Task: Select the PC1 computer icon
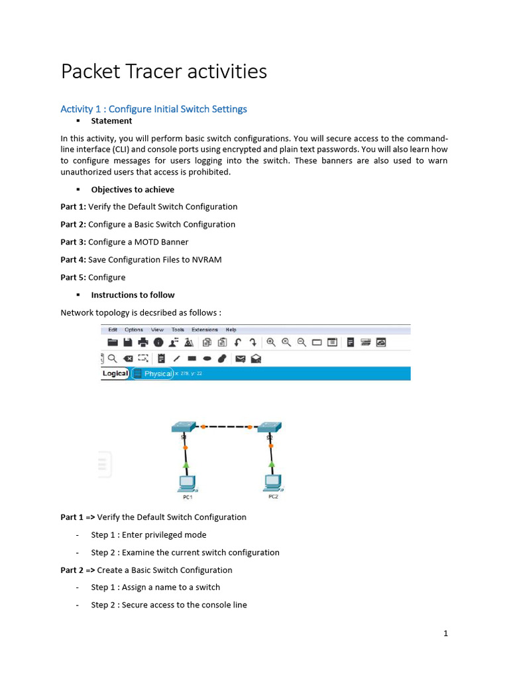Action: click(x=187, y=482)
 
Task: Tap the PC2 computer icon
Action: click(x=272, y=481)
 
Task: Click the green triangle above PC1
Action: click(x=186, y=466)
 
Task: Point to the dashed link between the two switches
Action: click(x=227, y=427)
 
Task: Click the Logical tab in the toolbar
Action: click(x=115, y=373)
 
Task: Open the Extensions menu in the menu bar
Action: click(x=204, y=330)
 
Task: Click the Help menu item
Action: click(x=231, y=330)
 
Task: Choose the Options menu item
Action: click(x=134, y=330)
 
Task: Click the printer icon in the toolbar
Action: click(x=142, y=342)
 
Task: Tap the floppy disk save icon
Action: click(x=127, y=342)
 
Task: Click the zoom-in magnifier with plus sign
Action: click(x=271, y=342)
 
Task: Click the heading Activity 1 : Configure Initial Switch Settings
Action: click(x=154, y=109)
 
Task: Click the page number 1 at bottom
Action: click(x=446, y=633)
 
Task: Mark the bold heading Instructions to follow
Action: click(x=133, y=294)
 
